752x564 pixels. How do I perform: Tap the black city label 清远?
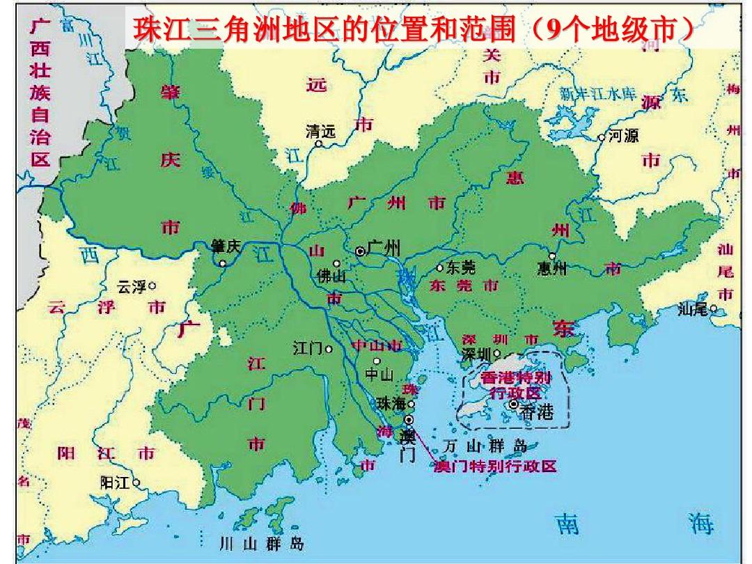click(x=320, y=130)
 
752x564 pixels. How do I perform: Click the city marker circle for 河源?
click(x=602, y=138)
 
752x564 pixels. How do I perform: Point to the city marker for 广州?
click(x=360, y=251)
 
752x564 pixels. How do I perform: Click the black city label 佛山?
click(x=331, y=276)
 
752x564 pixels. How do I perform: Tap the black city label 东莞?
click(x=460, y=267)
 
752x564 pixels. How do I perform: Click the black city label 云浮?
click(x=132, y=285)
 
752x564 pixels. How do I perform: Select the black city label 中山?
click(x=379, y=375)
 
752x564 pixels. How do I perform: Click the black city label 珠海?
click(x=390, y=404)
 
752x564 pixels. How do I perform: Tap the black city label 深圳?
click(x=476, y=354)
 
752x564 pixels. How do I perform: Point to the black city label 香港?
click(x=536, y=412)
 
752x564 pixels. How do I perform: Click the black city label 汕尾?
click(x=692, y=310)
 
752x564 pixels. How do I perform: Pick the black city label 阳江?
click(x=115, y=483)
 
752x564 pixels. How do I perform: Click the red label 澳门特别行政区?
click(x=495, y=467)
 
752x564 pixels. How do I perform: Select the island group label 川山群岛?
click(x=261, y=543)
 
